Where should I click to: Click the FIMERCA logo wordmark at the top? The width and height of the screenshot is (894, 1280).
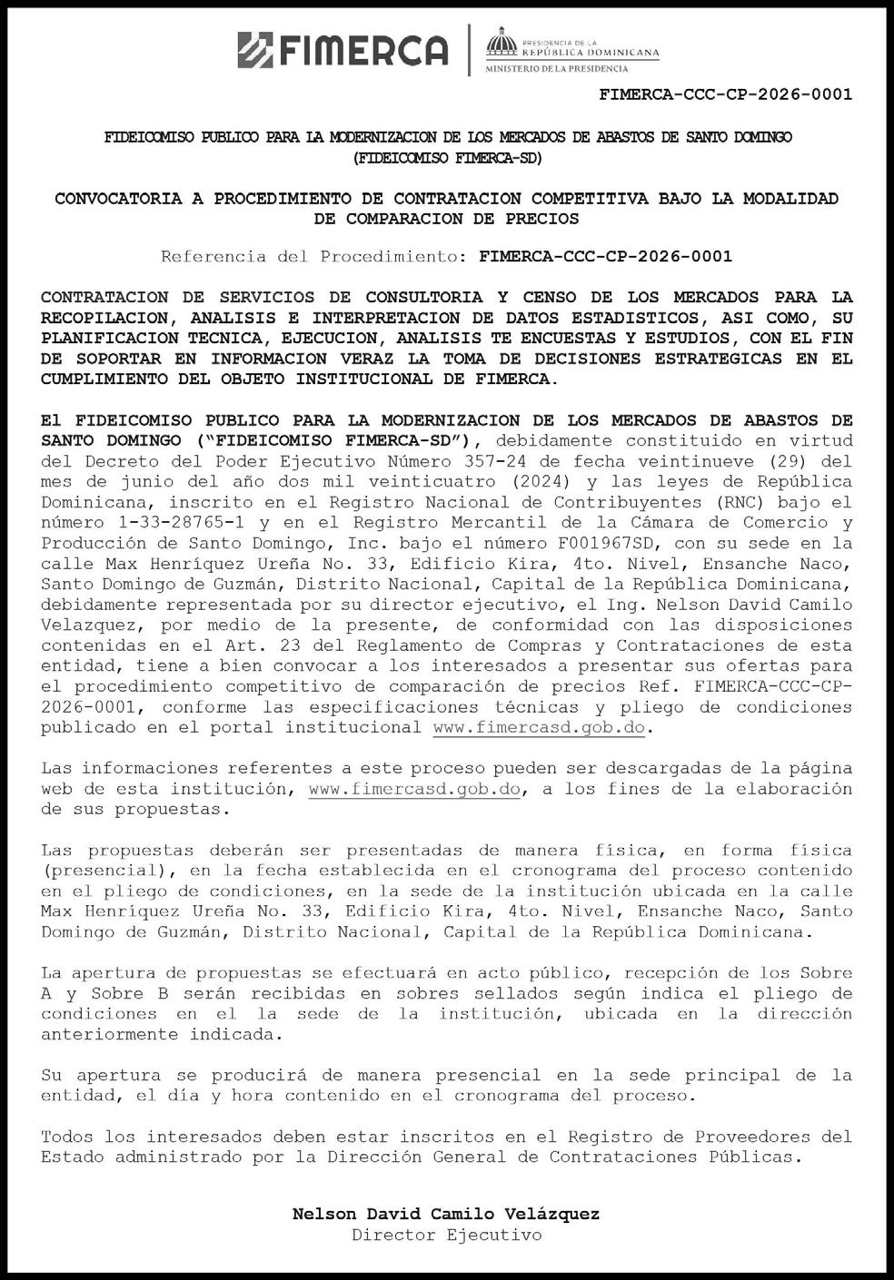point(343,50)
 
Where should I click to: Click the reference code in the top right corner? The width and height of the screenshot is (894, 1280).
point(726,94)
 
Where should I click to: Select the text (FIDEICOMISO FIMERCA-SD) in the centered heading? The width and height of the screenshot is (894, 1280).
point(447,158)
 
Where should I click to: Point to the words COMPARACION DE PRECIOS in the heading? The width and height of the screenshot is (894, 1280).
point(446,219)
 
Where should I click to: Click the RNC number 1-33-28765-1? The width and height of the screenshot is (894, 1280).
point(163,523)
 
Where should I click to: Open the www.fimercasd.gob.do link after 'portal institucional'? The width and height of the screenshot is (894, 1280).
point(539,728)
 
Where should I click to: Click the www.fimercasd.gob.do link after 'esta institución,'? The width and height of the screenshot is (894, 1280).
point(414,789)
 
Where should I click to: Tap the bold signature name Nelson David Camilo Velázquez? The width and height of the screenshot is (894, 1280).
point(446,1215)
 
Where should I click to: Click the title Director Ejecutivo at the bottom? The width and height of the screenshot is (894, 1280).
point(446,1236)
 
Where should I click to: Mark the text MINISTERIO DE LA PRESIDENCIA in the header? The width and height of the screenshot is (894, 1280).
point(556,69)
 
